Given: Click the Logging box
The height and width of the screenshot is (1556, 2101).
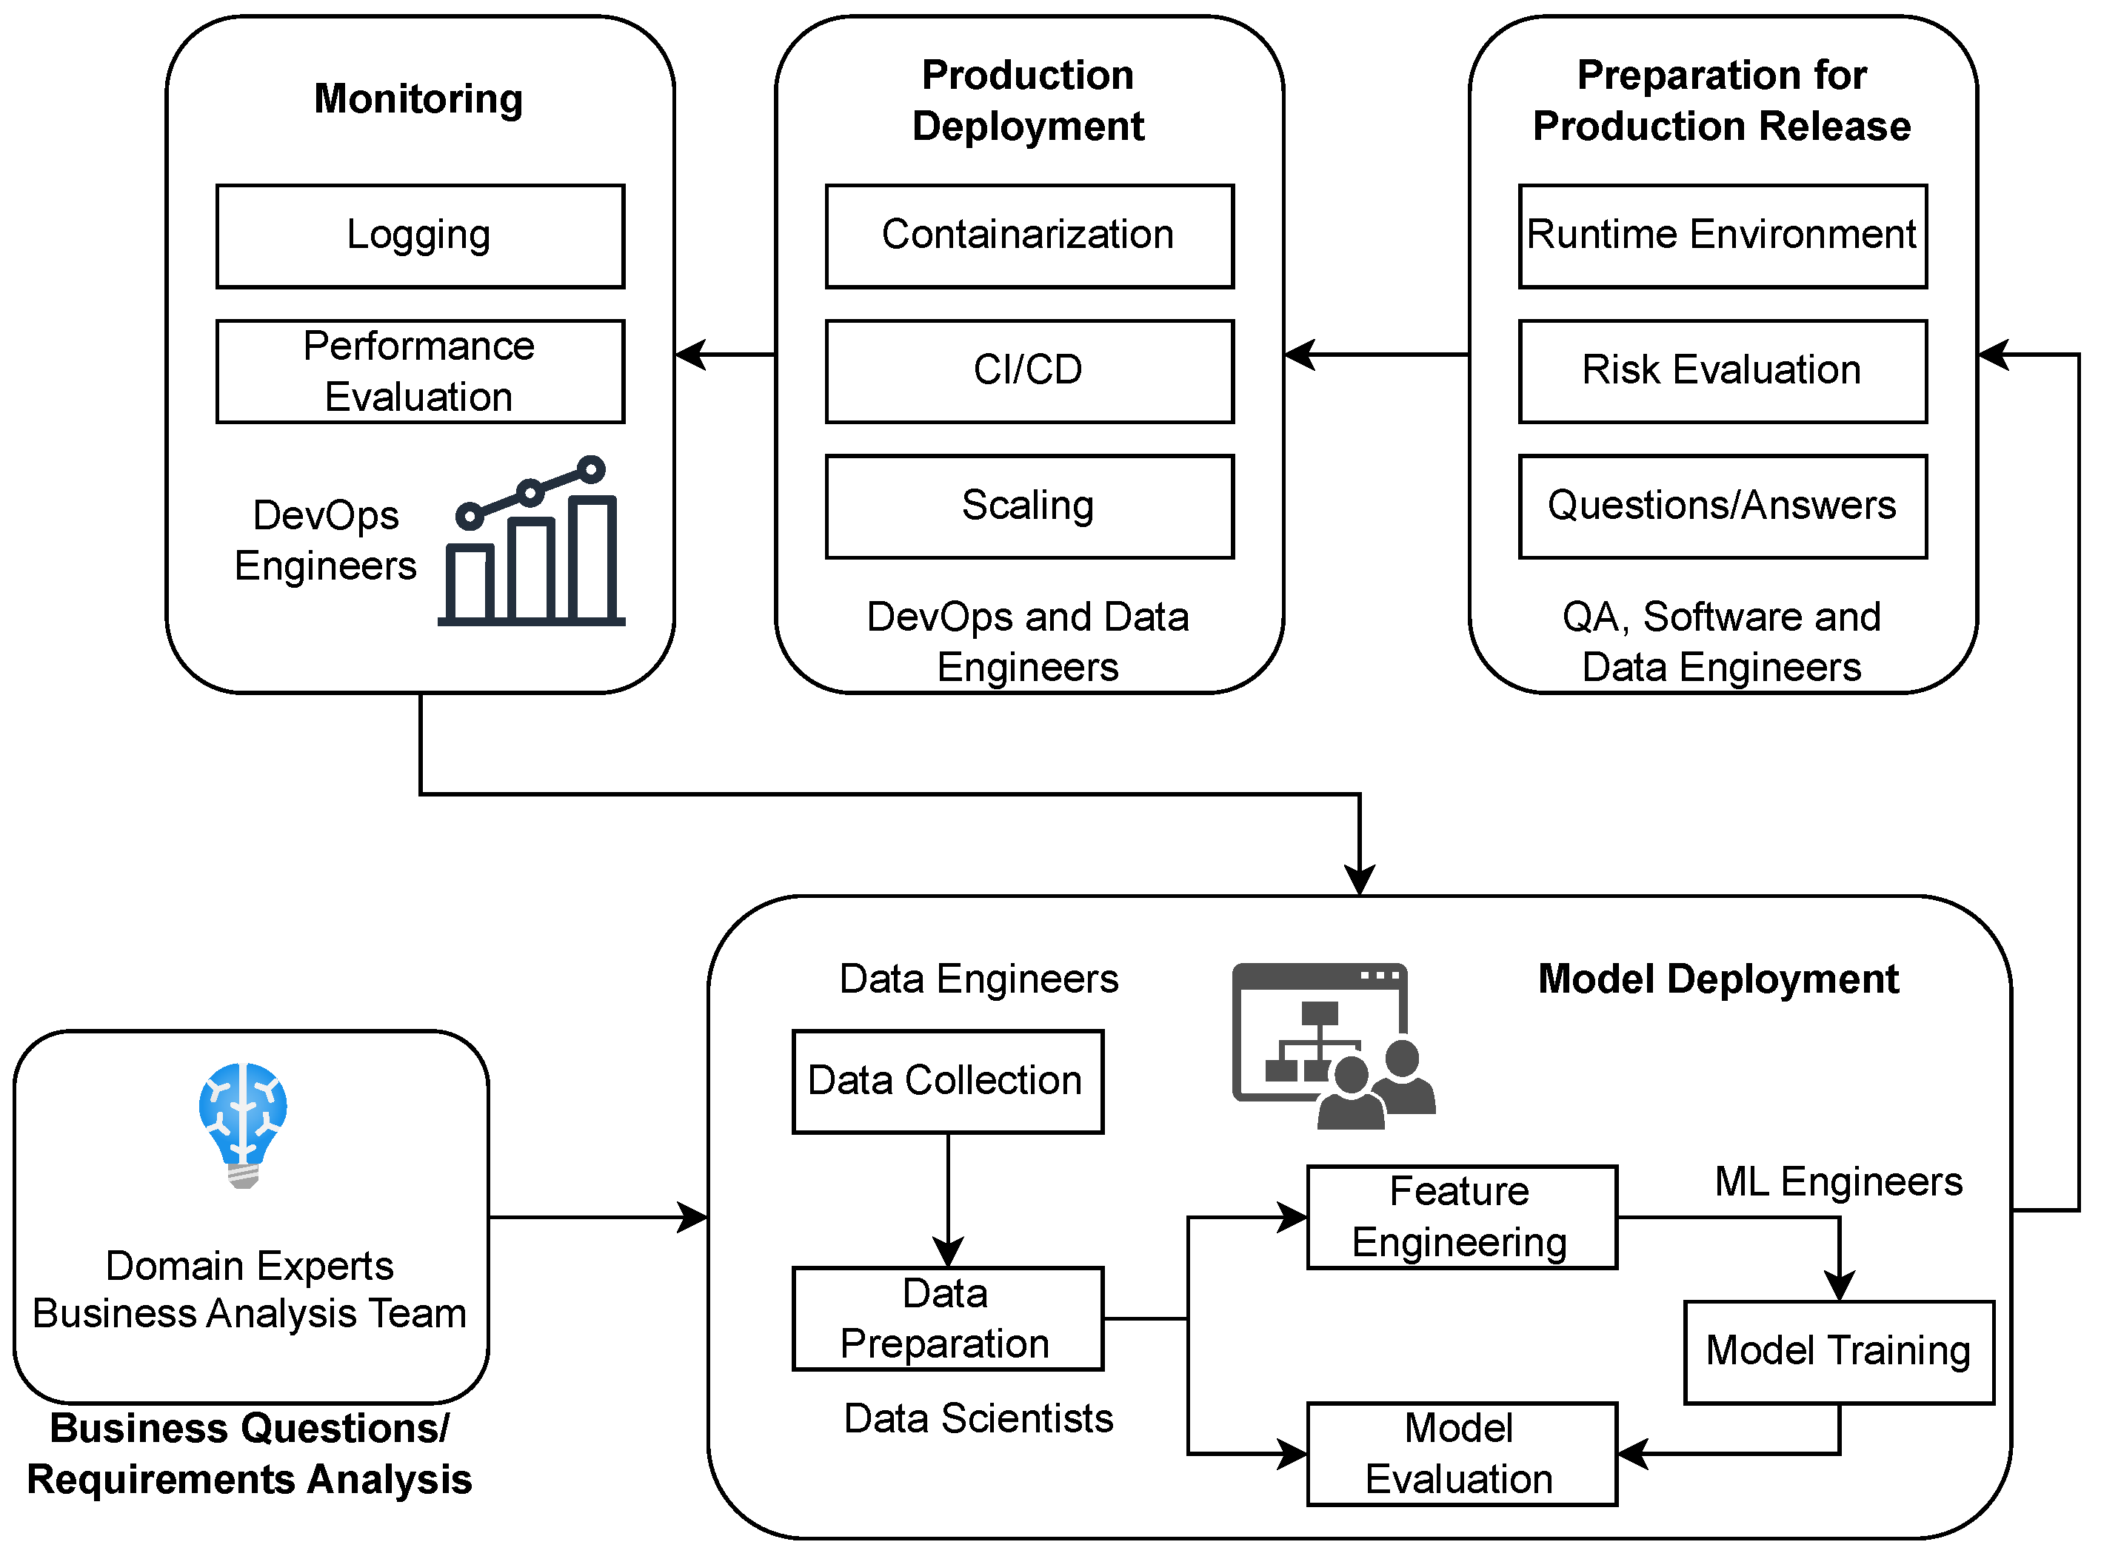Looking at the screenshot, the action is [420, 236].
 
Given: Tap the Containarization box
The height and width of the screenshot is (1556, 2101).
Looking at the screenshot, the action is [1030, 236].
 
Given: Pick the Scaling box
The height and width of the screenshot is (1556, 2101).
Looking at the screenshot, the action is [1030, 508].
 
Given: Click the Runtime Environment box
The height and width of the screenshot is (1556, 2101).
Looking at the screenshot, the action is [1723, 236].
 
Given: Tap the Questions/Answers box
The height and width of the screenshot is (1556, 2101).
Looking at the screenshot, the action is [1723, 508].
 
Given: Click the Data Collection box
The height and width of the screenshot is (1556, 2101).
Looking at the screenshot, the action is [948, 1082].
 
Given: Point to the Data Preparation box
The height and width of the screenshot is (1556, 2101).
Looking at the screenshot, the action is [948, 1318].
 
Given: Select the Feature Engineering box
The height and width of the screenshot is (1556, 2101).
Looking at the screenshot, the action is [1462, 1218].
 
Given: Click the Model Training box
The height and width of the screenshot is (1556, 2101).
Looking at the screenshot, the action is [1839, 1352].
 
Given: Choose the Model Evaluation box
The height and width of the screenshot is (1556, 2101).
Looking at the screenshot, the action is [1462, 1455].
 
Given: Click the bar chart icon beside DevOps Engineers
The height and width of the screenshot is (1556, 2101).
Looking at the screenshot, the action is [532, 540].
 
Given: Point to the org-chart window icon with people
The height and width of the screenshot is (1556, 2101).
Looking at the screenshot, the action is [1333, 1045].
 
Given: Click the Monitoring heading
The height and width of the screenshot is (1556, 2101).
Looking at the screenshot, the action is [418, 99].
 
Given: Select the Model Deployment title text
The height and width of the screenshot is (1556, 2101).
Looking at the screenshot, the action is [1718, 979].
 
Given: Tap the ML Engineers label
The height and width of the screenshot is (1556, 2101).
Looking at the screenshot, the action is [1838, 1182].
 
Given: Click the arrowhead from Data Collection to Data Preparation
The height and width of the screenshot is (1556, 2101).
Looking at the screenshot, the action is [948, 1252].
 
